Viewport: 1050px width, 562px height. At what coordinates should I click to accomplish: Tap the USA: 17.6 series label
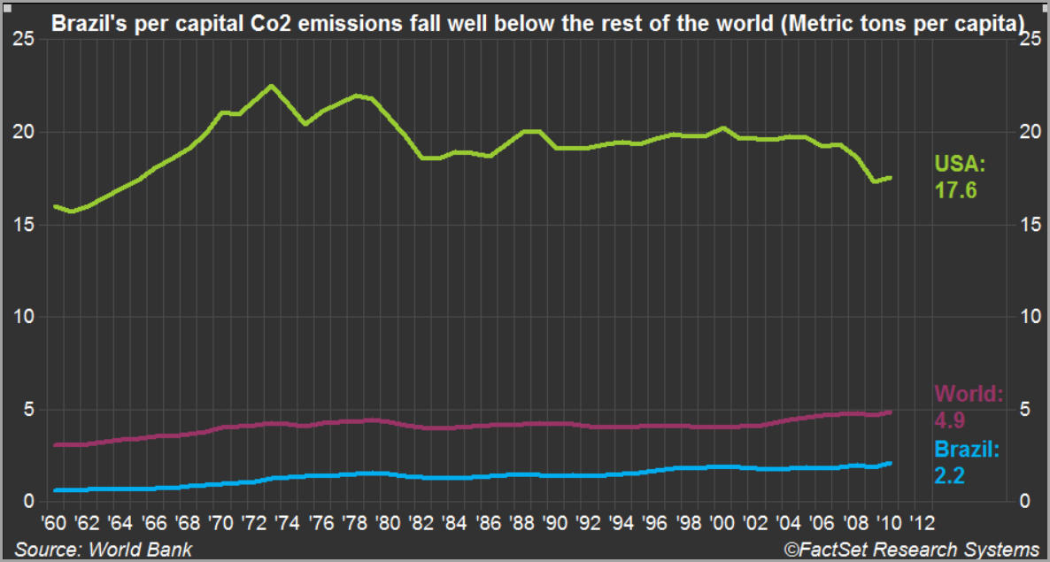point(959,177)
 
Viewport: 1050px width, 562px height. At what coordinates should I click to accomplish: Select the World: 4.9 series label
point(968,405)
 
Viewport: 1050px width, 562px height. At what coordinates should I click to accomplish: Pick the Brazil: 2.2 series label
point(966,463)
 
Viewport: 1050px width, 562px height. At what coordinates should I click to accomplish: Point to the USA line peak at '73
point(271,86)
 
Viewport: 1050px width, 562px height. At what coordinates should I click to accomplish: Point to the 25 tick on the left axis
point(24,39)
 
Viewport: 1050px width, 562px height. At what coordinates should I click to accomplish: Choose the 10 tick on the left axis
point(24,317)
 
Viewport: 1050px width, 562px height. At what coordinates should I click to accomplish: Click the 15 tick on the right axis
point(1030,225)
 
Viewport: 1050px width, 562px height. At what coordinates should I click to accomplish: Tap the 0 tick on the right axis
point(1025,501)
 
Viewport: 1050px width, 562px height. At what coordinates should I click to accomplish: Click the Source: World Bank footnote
point(103,550)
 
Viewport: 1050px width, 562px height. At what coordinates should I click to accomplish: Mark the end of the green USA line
point(891,178)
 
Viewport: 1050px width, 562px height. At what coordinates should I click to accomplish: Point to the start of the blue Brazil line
point(55,489)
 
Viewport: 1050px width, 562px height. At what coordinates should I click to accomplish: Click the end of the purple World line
point(891,412)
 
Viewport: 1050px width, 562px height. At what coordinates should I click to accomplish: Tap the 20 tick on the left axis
point(24,132)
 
